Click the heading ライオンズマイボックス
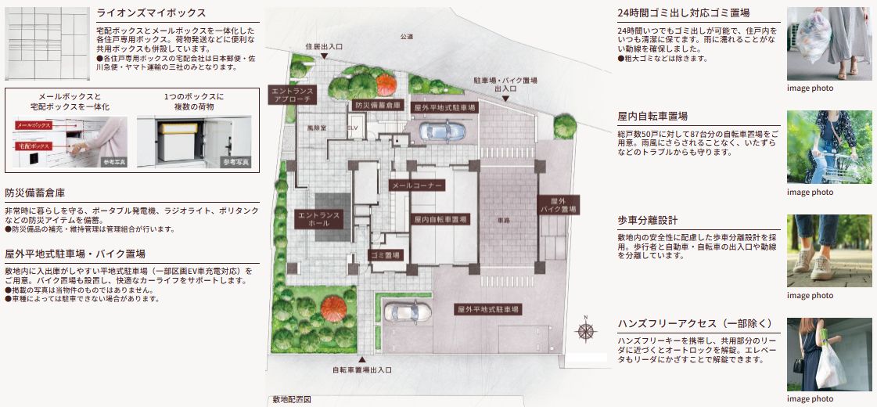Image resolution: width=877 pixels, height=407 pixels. click(x=151, y=13)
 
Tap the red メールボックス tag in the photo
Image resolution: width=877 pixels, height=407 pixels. click(x=33, y=125)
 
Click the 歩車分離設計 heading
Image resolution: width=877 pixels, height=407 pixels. click(x=647, y=220)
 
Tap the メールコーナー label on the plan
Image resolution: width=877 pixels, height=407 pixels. click(x=417, y=185)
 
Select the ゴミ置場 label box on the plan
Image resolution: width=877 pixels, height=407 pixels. click(x=385, y=255)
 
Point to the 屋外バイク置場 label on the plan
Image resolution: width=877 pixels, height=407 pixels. click(x=558, y=205)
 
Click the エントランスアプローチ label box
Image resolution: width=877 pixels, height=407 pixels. click(x=293, y=95)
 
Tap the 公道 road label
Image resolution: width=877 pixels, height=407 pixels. click(x=406, y=37)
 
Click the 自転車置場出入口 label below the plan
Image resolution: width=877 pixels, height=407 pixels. click(x=361, y=369)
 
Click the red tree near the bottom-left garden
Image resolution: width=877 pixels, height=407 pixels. click(x=333, y=306)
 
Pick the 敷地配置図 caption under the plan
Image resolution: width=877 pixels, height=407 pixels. click(x=291, y=400)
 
